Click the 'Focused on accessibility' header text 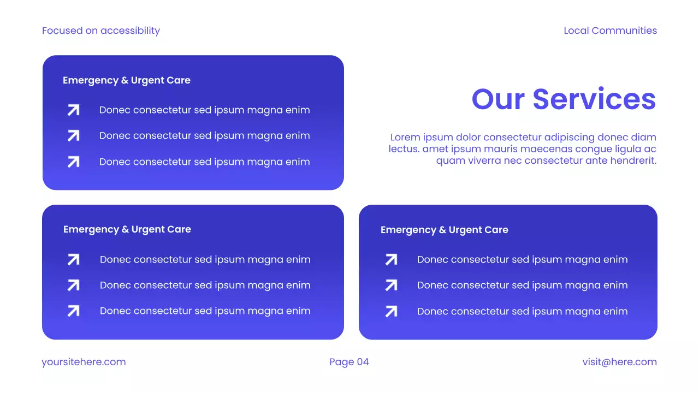[101, 31]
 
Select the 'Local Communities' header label [610, 31]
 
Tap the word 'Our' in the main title [497, 99]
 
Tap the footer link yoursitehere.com [84, 362]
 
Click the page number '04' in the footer [363, 362]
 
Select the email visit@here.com [619, 362]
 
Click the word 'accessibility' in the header [130, 31]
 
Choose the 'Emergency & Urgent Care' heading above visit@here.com [444, 230]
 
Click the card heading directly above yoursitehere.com [127, 229]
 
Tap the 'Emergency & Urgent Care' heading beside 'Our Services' [126, 80]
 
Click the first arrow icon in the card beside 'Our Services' [73, 110]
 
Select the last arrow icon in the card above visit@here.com [391, 312]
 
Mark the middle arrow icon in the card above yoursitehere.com [73, 285]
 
